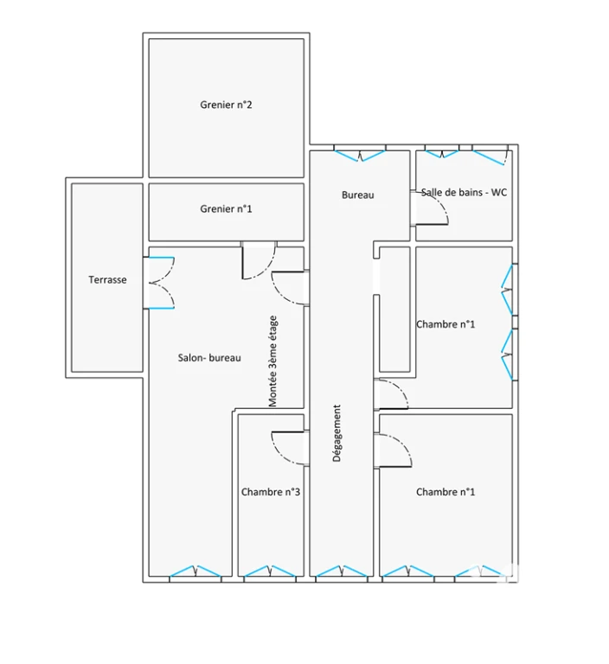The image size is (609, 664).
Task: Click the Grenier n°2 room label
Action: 226,105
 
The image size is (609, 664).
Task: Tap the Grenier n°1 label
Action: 226,208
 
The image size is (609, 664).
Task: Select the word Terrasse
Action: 107,279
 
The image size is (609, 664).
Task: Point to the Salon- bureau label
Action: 209,358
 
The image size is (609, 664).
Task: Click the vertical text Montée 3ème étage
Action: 273,361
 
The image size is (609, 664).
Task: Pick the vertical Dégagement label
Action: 337,433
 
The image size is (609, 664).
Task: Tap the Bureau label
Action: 357,195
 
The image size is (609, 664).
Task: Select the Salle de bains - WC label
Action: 464,192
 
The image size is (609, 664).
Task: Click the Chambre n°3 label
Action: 271,492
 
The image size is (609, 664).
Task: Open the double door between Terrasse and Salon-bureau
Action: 159,283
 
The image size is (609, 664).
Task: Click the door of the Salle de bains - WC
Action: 430,208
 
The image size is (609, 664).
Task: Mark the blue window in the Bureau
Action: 360,156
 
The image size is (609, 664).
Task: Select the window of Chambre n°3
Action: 270,571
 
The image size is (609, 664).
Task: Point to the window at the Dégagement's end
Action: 342,571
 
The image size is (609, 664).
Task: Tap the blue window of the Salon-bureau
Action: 196,571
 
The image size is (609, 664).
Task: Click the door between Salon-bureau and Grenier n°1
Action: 259,260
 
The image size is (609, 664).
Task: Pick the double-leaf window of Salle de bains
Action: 442,154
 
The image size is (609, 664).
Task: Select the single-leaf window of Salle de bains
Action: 490,157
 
